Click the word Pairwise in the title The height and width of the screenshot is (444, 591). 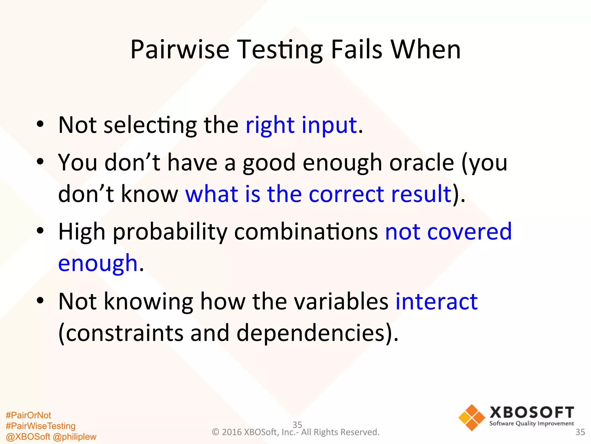[180, 50]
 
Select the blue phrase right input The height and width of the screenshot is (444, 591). [301, 125]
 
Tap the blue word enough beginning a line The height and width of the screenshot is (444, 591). [98, 263]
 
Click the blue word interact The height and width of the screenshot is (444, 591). [436, 301]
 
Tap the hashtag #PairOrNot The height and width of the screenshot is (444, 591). [28, 415]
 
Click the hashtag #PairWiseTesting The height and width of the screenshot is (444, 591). [40, 426]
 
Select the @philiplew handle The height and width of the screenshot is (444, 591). [75, 437]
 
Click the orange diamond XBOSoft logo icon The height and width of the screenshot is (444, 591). [472, 417]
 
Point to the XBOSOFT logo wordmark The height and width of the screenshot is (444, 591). [532, 412]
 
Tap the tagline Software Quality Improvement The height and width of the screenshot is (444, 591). [532, 424]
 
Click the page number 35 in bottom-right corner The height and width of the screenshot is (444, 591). [580, 432]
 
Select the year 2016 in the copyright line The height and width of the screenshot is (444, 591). [232, 432]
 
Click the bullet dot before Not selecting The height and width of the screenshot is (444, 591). [40, 124]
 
